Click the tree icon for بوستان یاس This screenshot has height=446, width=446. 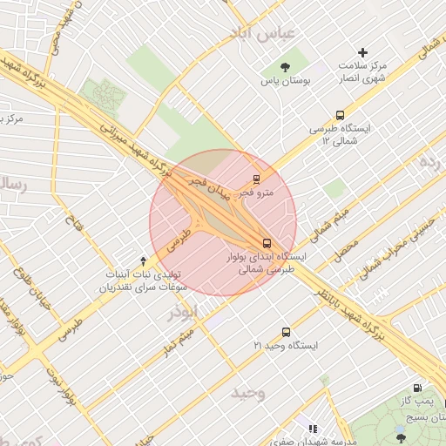pos(285,67)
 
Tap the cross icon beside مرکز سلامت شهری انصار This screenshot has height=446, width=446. pos(364,53)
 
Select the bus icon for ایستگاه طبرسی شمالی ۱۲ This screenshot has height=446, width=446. pos(339,114)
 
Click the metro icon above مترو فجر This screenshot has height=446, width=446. pos(255,179)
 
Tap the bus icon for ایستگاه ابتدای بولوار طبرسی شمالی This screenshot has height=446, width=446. pos(267,244)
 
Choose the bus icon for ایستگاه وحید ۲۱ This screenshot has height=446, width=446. pos(286,332)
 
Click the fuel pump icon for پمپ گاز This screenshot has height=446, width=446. pos(418,389)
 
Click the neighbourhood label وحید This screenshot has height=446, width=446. pos(247,393)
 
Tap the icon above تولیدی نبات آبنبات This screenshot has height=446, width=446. pos(144,260)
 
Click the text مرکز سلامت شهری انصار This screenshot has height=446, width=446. pos(364,73)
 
